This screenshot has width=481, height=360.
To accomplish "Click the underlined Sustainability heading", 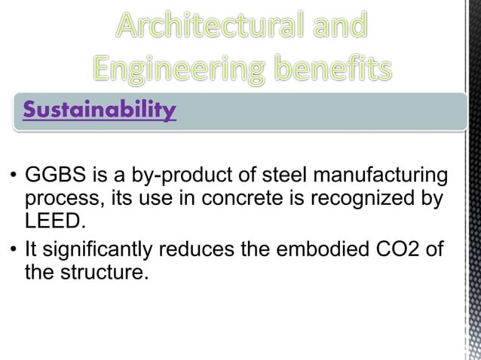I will tap(100, 111).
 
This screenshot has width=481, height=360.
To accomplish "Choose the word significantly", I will tap(100, 249).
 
